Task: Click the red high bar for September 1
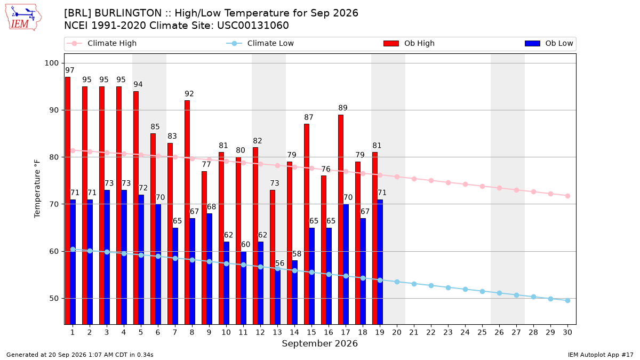[x=68, y=201]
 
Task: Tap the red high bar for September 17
[x=341, y=219]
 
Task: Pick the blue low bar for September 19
[x=380, y=262]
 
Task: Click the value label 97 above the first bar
[x=70, y=70]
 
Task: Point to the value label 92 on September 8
[x=189, y=94]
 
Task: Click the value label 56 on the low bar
[x=279, y=263]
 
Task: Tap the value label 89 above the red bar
[x=343, y=108]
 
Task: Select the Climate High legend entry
[x=101, y=43]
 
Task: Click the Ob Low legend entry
[x=549, y=43]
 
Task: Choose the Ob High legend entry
[x=409, y=43]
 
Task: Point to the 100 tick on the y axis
[x=51, y=63]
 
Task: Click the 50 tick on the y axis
[x=54, y=298]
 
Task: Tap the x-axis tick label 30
[x=567, y=332]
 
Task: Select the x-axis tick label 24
[x=465, y=332]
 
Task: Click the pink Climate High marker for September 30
[x=567, y=196]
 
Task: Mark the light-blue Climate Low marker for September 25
[x=482, y=291]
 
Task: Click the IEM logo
[x=23, y=18]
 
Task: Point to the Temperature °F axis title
[x=37, y=189]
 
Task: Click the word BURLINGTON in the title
[x=128, y=13]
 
